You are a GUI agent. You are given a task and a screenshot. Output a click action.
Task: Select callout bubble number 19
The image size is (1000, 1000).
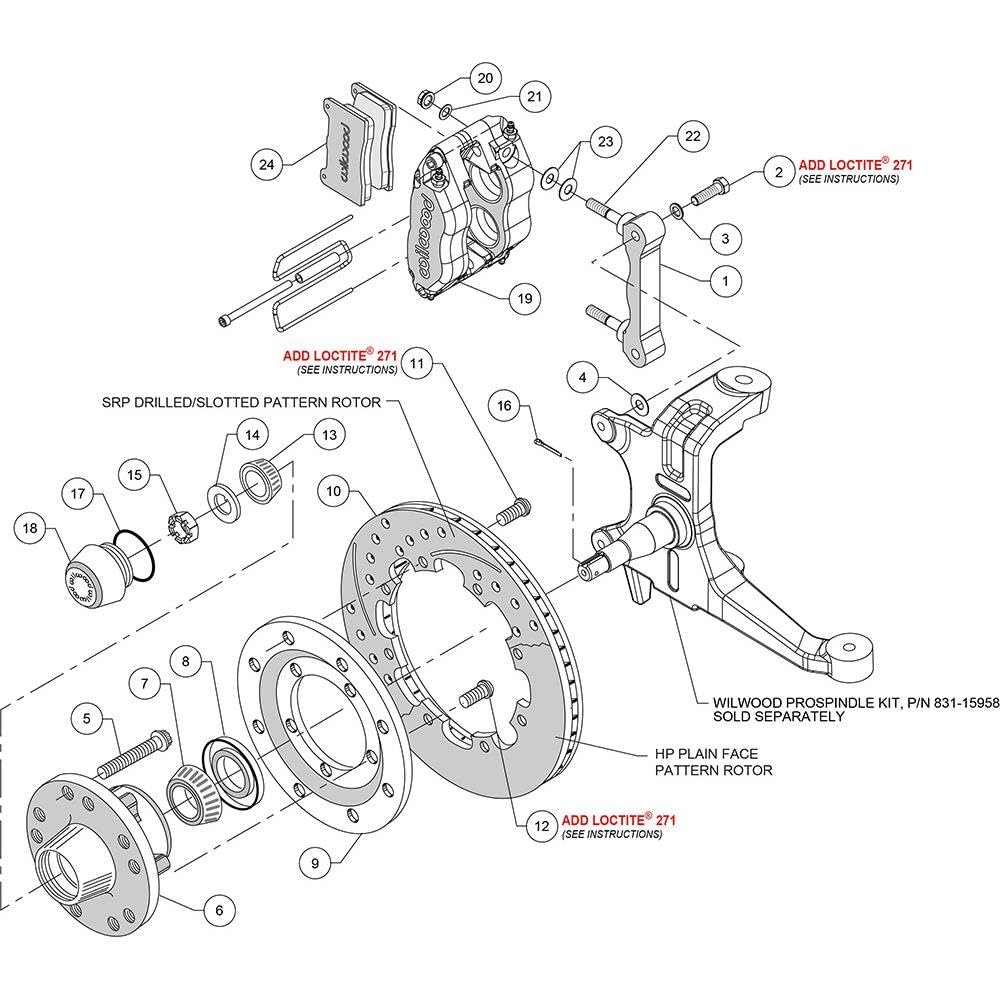524,297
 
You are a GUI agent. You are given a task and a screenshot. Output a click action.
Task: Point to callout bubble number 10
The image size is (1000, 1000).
334,491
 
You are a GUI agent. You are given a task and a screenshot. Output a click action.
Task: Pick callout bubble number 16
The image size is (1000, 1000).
505,404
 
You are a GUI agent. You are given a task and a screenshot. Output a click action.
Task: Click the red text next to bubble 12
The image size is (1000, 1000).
619,820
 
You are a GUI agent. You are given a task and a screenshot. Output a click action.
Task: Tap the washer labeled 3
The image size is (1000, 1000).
678,211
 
